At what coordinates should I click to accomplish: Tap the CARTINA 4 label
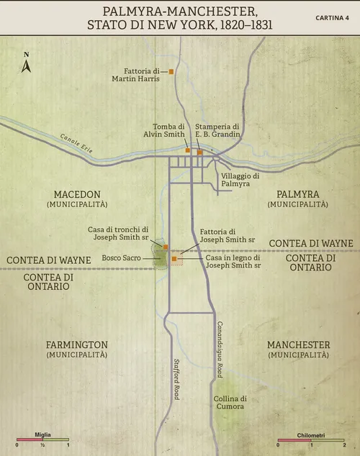[332, 17]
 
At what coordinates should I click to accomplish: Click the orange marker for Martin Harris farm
[171, 72]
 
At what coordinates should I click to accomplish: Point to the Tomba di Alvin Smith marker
[188, 152]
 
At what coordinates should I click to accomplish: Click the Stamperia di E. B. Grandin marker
[200, 152]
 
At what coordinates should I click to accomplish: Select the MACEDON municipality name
[77, 194]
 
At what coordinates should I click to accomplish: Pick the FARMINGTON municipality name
[77, 345]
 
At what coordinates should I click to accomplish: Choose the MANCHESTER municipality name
[298, 345]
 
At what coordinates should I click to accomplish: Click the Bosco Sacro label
[121, 257]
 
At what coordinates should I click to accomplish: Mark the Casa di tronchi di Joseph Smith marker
[166, 247]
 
